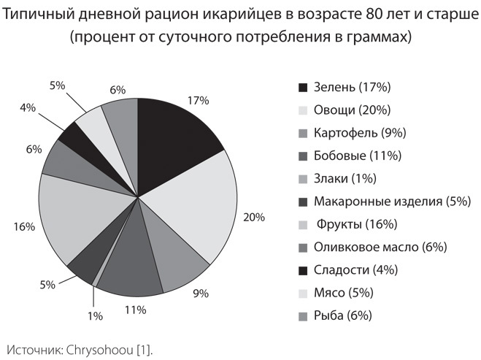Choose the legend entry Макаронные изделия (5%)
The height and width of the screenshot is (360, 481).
[x=391, y=201]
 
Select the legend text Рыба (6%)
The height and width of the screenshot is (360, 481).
[x=343, y=315]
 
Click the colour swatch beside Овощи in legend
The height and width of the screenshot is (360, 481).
[x=303, y=110]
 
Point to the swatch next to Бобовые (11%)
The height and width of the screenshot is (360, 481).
[x=303, y=156]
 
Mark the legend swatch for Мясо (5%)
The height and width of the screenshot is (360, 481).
[x=303, y=293]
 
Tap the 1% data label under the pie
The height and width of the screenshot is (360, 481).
[x=94, y=316]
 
